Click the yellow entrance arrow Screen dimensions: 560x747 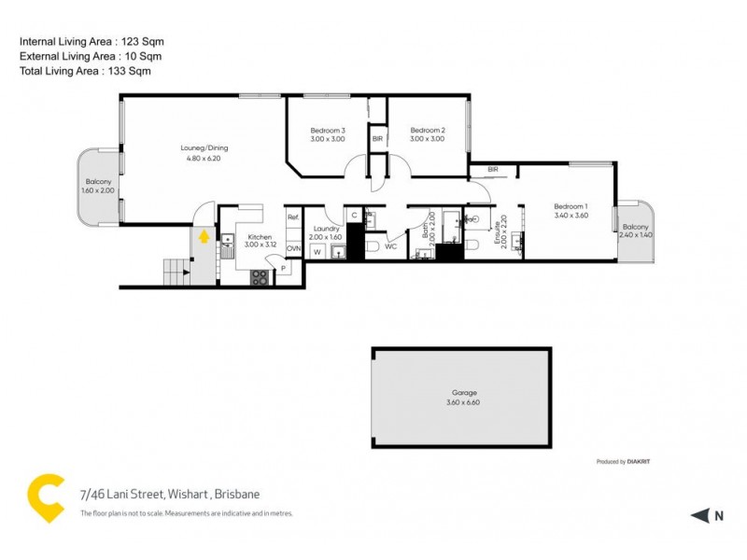pos(203,238)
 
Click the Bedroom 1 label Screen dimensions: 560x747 pos(570,206)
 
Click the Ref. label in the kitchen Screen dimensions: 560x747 pos(292,217)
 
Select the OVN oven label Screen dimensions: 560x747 pos(293,248)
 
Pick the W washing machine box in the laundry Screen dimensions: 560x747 pos(317,252)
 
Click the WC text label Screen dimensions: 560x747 pos(391,247)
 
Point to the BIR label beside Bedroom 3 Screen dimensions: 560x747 pos(377,138)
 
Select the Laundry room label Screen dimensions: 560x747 pos(327,229)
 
